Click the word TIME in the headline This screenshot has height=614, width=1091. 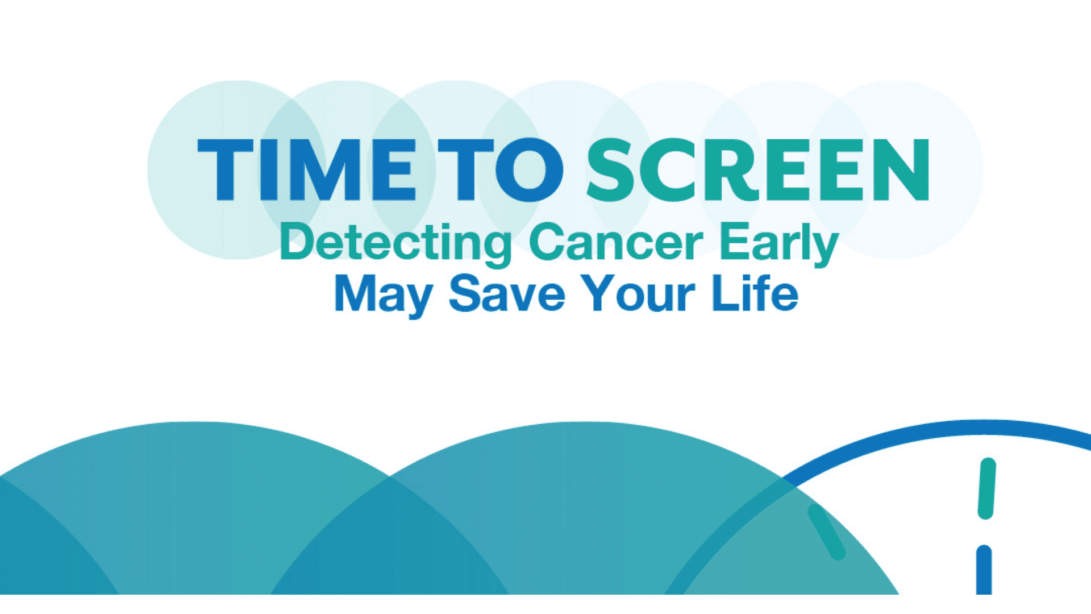[307, 170]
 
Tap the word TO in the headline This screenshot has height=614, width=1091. [500, 170]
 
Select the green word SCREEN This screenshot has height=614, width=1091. [758, 170]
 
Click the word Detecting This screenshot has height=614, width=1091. [395, 244]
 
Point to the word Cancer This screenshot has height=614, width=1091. [616, 243]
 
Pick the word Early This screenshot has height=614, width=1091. [780, 244]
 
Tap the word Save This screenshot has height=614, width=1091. [507, 293]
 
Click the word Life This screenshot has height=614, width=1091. [755, 293]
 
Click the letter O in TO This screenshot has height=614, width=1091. [529, 170]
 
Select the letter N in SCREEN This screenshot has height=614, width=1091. [901, 170]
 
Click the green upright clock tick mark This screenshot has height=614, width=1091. [987, 488]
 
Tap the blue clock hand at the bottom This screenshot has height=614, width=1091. [984, 570]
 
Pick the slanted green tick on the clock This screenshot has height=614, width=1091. [827, 532]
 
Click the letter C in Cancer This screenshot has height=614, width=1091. [547, 243]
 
